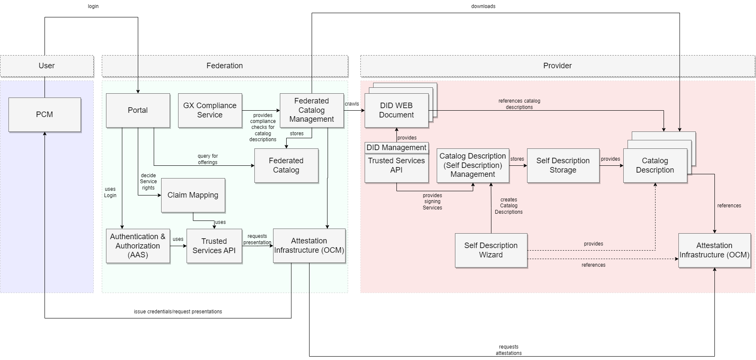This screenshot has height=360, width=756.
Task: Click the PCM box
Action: pyautogui.click(x=45, y=114)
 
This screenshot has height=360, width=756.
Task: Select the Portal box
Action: pyautogui.click(x=138, y=110)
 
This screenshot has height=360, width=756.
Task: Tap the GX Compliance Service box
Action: pyautogui.click(x=210, y=110)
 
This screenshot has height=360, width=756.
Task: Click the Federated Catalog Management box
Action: pyautogui.click(x=312, y=110)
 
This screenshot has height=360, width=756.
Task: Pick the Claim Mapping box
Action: pyautogui.click(x=193, y=195)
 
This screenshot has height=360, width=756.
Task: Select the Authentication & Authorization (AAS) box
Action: pyautogui.click(x=138, y=246)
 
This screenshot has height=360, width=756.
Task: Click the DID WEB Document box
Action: pyautogui.click(x=396, y=110)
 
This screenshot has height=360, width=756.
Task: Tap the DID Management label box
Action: pyautogui.click(x=396, y=148)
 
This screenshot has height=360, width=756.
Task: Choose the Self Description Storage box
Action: pyautogui.click(x=563, y=165)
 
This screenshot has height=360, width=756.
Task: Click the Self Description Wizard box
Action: pyautogui.click(x=491, y=250)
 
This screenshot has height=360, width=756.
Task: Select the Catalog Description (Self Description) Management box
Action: pyautogui.click(x=473, y=165)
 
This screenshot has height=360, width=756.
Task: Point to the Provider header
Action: pyautogui.click(x=558, y=66)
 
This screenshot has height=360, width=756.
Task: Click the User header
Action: pyautogui.click(x=47, y=66)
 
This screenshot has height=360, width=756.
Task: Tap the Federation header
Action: pyautogui.click(x=225, y=66)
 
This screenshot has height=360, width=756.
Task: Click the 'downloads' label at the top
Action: pyautogui.click(x=483, y=6)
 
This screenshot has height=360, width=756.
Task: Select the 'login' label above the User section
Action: pyautogui.click(x=93, y=6)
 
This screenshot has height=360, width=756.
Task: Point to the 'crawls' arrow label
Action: pyautogui.click(x=351, y=104)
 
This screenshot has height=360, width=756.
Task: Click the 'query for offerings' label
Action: pyautogui.click(x=208, y=159)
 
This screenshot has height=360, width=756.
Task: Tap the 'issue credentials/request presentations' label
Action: pyautogui.click(x=178, y=312)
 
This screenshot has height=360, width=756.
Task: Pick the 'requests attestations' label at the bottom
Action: pyautogui.click(x=508, y=350)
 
